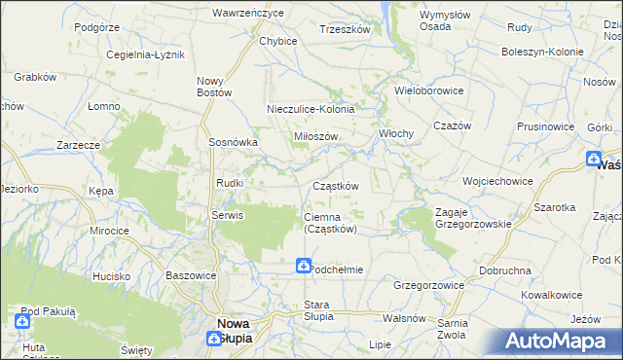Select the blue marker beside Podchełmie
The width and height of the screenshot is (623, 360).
point(304,265)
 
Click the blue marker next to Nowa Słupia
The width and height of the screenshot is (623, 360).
point(215,339)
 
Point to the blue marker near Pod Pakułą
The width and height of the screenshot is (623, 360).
point(23,320)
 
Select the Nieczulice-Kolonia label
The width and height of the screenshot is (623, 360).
point(311,110)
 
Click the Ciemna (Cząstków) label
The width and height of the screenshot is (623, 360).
point(331,223)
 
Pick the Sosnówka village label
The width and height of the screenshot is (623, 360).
point(233,141)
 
